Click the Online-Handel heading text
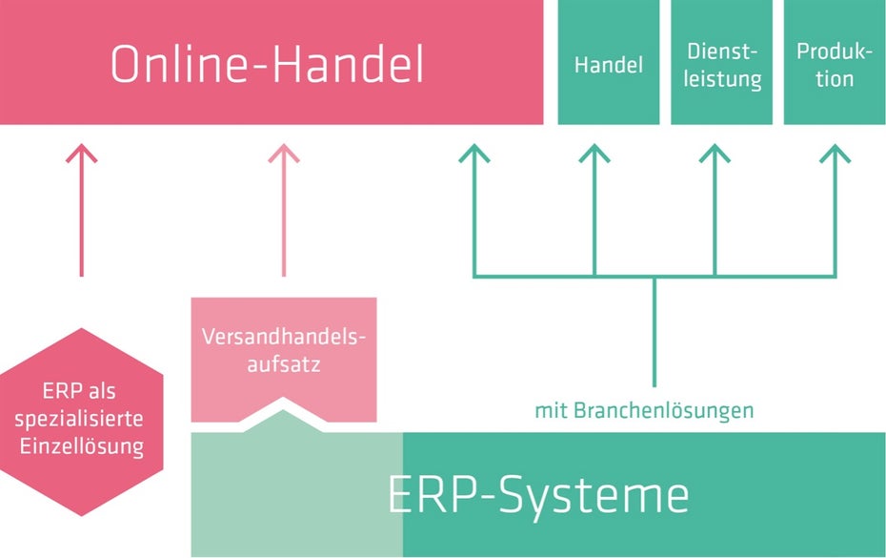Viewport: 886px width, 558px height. coord(267,65)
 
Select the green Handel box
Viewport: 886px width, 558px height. coord(608,63)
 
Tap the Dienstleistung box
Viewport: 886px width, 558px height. coord(721,63)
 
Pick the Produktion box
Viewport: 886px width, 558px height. coord(834,63)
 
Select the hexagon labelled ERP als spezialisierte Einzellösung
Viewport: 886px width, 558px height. coord(81,421)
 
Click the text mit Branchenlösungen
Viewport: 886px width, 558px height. coord(644,411)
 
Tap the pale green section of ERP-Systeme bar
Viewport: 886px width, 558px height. coord(295,496)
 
